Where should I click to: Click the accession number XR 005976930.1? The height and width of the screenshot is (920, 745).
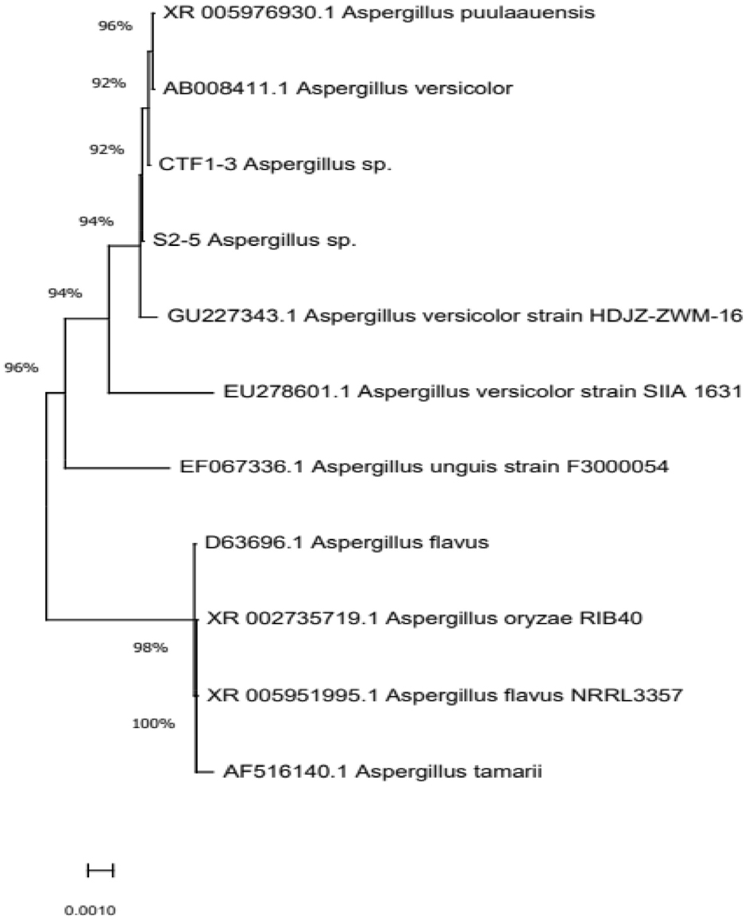[x=249, y=13]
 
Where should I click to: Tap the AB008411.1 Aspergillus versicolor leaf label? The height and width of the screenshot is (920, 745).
[x=338, y=88]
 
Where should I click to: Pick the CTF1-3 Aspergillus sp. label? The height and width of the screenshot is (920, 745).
[x=275, y=164]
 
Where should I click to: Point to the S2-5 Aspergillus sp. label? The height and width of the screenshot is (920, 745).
[x=254, y=240]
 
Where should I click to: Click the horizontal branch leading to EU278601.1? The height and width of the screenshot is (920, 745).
[x=161, y=392]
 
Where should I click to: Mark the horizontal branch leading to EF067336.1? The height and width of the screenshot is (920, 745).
[x=117, y=468]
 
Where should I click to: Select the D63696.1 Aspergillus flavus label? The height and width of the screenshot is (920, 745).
[x=346, y=542]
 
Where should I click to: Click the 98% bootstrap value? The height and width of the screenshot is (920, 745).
[x=150, y=648]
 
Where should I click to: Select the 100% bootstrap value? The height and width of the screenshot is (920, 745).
[x=153, y=724]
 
